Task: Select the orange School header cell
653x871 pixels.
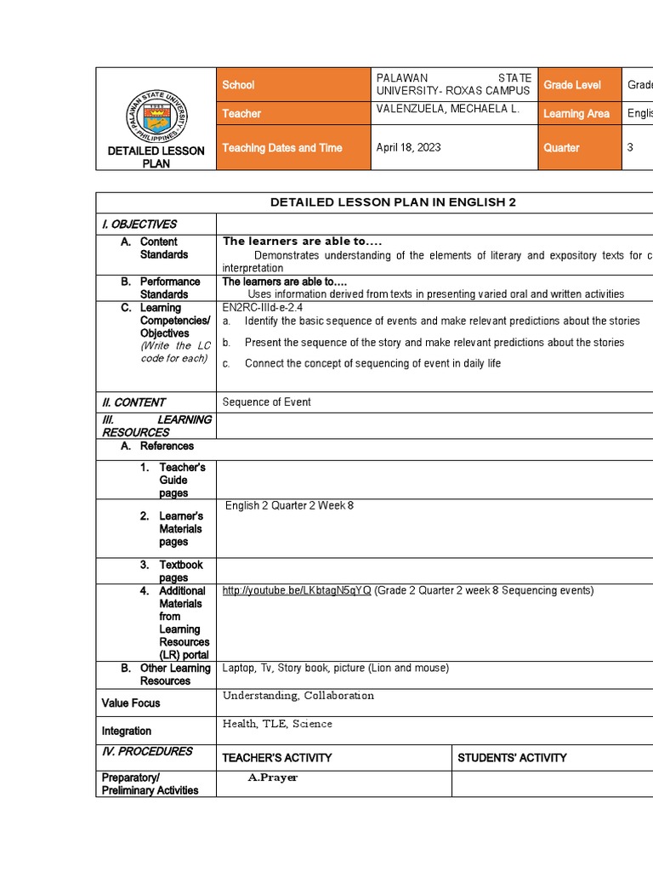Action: point(293,85)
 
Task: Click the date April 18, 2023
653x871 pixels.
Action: point(409,147)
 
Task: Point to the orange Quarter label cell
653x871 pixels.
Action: point(579,147)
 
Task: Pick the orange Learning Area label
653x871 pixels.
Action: point(579,113)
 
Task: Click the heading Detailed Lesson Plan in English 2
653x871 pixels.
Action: point(393,202)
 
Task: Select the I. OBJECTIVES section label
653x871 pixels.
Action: point(139,225)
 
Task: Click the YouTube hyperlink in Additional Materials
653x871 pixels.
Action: point(297,590)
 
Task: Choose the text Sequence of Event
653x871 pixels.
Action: point(267,402)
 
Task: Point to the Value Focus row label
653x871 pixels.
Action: point(131,703)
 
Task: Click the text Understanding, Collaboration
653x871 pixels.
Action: point(298,696)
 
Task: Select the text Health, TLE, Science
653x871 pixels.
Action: point(277,724)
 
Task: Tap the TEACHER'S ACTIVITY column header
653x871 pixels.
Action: point(277,758)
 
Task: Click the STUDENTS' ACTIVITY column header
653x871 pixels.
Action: point(513,758)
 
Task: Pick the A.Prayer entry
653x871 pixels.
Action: point(273,777)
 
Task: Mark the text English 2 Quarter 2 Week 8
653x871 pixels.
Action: point(289,506)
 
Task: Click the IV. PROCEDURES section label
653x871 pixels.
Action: point(147,752)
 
